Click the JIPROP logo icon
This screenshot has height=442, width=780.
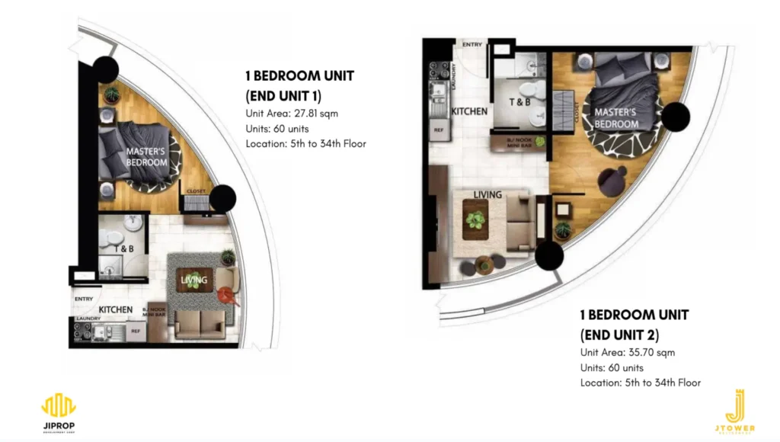coord(59,405)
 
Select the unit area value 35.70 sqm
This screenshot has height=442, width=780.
coord(651,353)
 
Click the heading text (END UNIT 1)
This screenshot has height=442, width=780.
coord(283,95)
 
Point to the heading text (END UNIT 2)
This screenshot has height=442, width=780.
coord(619,335)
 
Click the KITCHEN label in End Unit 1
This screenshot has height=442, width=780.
coord(116,310)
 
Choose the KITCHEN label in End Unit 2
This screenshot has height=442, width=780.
coord(469,111)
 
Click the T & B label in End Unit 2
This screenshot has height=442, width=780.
coord(520,101)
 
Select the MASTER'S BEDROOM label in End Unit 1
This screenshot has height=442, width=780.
coord(146,157)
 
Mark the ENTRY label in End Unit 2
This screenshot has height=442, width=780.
coord(472,45)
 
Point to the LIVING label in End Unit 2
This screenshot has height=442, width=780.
coord(487,194)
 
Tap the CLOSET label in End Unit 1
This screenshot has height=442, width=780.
coord(197,191)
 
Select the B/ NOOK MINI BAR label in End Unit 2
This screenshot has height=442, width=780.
coord(520,143)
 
